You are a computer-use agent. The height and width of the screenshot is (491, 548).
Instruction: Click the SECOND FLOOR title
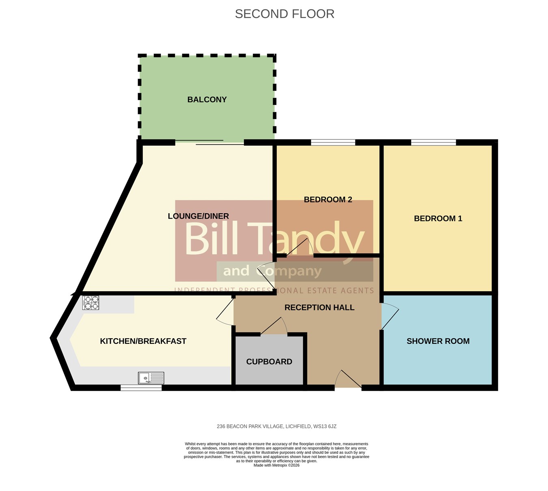284,14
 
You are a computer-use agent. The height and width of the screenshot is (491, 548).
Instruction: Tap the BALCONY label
207,100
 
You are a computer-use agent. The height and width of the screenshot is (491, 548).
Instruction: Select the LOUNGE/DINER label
198,216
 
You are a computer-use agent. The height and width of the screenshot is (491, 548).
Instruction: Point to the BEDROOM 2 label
328,199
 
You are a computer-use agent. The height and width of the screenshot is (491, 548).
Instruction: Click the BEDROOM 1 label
438,219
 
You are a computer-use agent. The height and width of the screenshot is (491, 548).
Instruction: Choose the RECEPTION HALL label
319,307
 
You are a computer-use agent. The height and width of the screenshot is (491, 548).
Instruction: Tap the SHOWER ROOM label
438,341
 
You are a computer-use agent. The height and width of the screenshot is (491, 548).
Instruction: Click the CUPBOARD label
269,362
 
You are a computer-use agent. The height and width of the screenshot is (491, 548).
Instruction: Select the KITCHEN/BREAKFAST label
143,341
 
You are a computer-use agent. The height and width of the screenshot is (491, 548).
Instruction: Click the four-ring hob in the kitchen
91,302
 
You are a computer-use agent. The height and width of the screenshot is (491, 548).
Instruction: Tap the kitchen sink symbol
151,378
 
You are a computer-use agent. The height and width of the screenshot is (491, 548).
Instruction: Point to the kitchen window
141,388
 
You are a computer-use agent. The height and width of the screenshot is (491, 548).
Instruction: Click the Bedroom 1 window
433,142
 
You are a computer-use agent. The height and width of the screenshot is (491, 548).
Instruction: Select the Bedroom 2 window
333,142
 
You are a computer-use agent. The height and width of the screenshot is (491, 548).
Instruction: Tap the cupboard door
274,326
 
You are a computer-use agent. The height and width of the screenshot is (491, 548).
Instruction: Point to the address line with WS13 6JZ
276,427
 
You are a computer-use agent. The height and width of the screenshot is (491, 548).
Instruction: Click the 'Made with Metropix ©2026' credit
276,465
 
